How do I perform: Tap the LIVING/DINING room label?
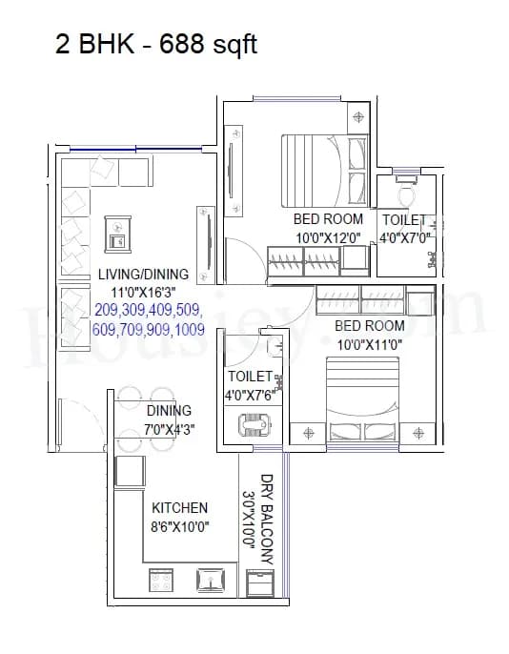coord(143,275)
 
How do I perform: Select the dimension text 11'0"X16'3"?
coord(143,293)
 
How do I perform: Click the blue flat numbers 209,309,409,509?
coord(148,311)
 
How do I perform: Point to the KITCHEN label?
coord(179,508)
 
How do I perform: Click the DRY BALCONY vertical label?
coord(268,521)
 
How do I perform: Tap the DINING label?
coord(168,411)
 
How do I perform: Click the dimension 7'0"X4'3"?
coord(169,429)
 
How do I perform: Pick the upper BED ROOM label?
coord(329,219)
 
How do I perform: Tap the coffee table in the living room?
coord(117,233)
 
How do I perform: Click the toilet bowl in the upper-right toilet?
coord(405,195)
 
